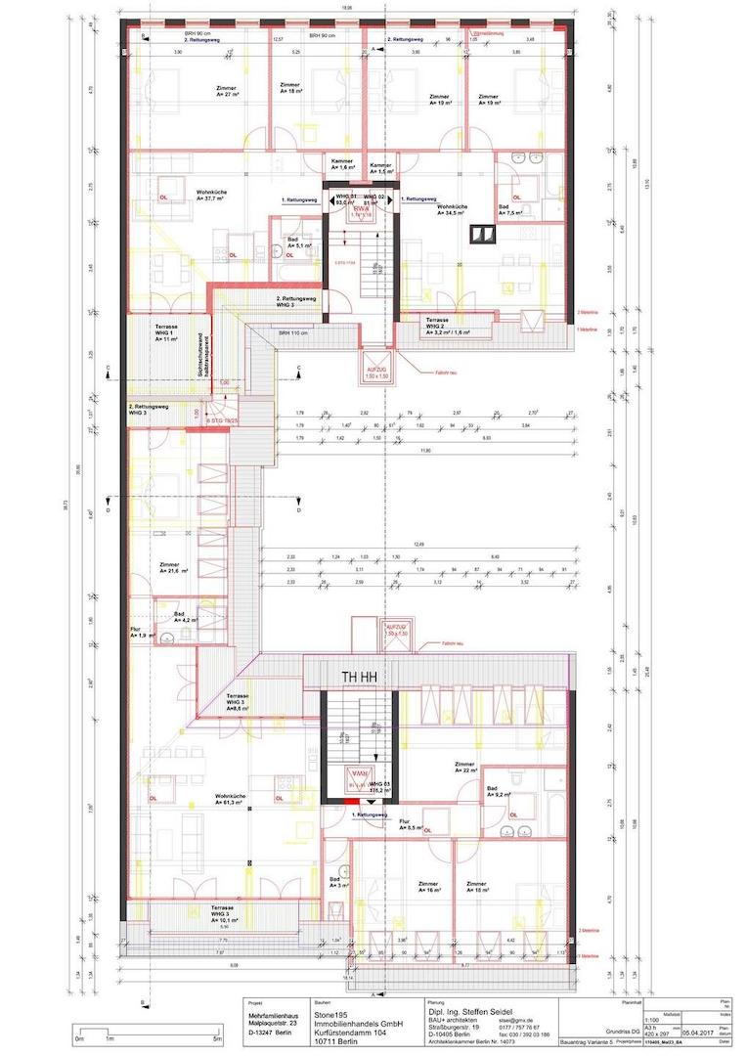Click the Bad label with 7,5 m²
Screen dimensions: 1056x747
click(x=511, y=209)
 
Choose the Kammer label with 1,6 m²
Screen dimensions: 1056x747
click(x=341, y=163)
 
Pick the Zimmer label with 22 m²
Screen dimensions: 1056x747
click(x=464, y=767)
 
